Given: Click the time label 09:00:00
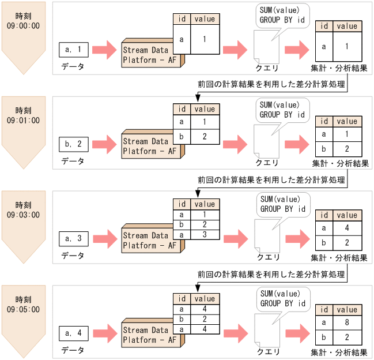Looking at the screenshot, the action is pos(23,25).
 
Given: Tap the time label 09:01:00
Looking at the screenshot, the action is pos(23,120).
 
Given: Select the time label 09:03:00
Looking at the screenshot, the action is pos(23,215).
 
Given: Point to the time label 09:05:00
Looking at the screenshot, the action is pos(23,309).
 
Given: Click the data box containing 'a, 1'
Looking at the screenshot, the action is pos(74,50).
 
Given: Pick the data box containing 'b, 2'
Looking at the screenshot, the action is pos(74,144).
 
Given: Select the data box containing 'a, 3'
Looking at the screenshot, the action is pos(74,239).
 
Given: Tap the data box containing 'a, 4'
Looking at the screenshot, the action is pos(74,333).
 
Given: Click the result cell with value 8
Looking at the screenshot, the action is pos(347,322).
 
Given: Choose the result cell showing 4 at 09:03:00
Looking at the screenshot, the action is pos(347,228).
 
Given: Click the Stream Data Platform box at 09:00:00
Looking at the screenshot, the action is pos(153,53).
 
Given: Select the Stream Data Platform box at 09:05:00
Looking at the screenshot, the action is pos(153,333).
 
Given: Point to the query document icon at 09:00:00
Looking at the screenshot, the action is pos(266,47).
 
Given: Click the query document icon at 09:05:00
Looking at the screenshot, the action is pos(267,331).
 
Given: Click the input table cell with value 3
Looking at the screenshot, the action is pos(205,235).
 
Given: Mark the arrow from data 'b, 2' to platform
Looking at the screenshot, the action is pos(104,144).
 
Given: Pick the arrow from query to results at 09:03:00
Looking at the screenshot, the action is pos(298,239).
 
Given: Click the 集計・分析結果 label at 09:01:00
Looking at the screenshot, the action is pos(341,163).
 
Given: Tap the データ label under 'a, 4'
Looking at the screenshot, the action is pos(73,350).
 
